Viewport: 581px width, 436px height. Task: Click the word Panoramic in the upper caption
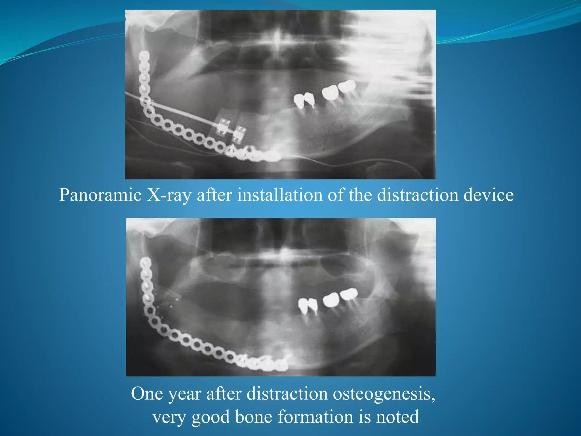[100, 195]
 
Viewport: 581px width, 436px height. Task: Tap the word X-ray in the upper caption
[169, 195]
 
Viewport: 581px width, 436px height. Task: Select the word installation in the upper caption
[280, 195]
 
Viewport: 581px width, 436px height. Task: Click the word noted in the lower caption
[397, 417]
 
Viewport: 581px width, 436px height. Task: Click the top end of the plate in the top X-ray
[144, 54]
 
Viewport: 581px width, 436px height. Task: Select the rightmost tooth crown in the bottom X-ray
[349, 294]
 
